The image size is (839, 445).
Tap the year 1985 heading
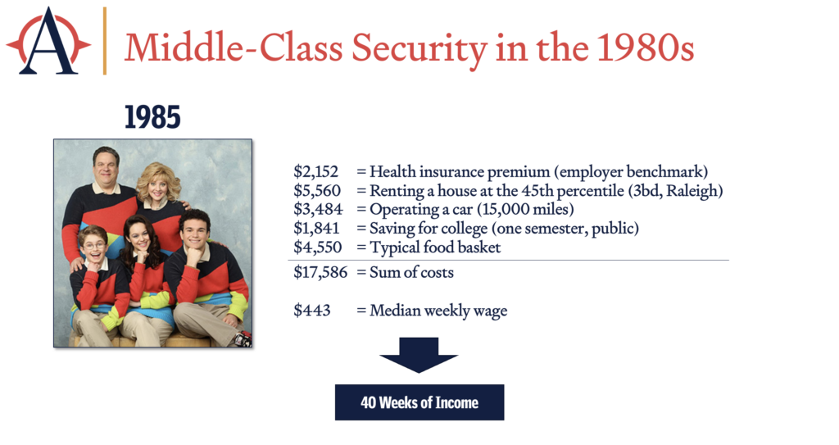coord(152,117)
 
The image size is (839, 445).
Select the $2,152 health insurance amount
coord(315,171)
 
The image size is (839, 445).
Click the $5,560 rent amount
coord(317,191)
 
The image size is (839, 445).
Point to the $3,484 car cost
coord(318,209)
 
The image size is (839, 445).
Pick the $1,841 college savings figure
coord(316,228)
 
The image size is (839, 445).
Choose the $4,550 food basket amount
coord(317,247)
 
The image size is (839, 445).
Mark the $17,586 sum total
coord(320,272)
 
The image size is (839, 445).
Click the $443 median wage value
coord(312,310)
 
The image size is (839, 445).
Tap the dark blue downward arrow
coord(419,355)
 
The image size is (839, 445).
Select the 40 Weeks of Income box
coord(419,402)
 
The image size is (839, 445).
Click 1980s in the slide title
coord(645,48)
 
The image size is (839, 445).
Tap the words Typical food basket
coord(435,247)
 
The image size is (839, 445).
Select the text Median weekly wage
coord(438,311)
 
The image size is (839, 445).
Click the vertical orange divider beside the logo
coord(105,41)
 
